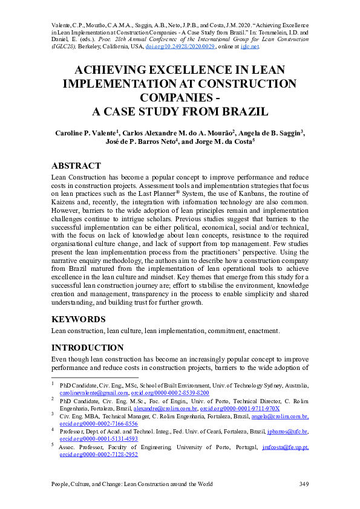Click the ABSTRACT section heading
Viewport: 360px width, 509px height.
coord(76,166)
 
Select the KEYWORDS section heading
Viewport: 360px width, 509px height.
coord(79,319)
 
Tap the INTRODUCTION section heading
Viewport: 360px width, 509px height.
coord(88,348)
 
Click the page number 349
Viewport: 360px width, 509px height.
coord(304,484)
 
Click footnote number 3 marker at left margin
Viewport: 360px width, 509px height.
coord(53,415)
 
